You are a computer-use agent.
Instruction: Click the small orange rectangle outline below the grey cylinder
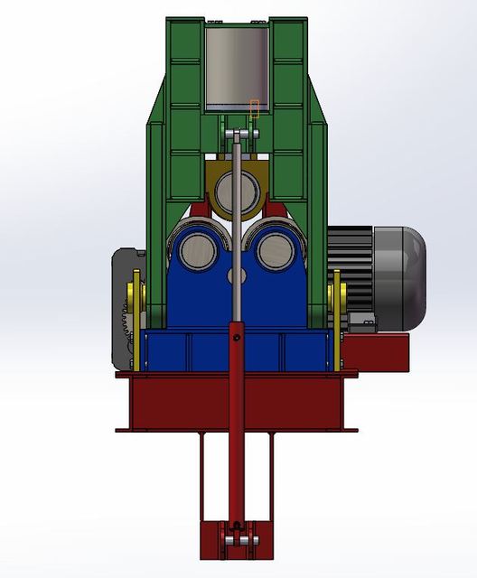(x=255, y=109)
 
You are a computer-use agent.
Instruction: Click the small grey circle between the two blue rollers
(x=238, y=274)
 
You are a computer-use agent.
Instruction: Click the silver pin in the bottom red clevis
(x=238, y=540)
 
